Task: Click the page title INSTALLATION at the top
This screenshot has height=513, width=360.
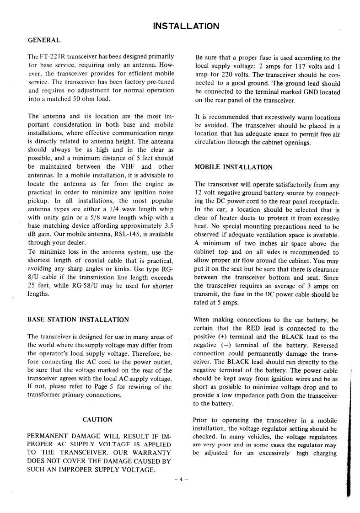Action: pyautogui.click(x=186, y=26)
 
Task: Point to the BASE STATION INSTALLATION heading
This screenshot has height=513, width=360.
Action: pyautogui.click(x=78, y=320)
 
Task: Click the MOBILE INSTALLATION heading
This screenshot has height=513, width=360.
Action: pyautogui.click(x=233, y=167)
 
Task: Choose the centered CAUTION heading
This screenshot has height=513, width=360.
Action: pyautogui.click(x=97, y=419)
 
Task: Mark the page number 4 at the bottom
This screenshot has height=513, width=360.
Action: pyautogui.click(x=181, y=479)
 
